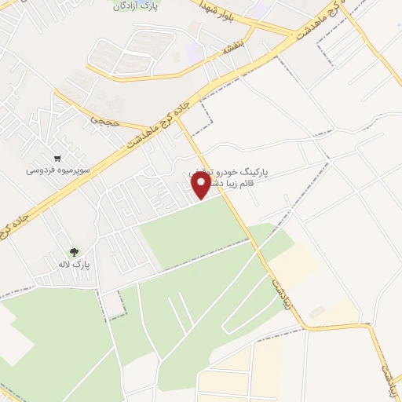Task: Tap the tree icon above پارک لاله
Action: pos(74,252)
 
